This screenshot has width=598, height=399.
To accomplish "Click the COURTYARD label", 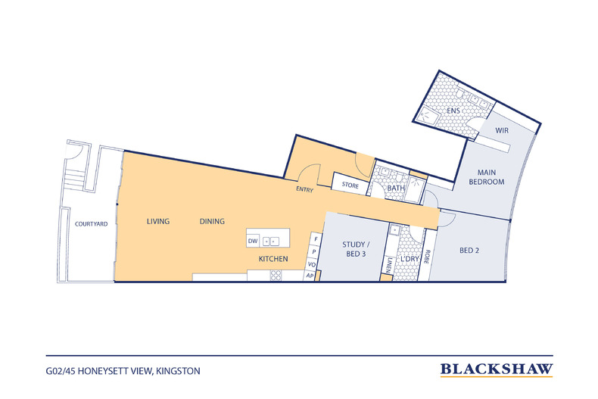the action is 91,224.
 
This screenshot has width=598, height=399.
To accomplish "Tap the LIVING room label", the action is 158,221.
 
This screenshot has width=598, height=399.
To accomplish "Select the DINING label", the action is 212,221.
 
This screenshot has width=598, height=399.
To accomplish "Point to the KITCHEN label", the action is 273,259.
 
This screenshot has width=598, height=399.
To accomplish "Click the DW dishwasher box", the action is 253,241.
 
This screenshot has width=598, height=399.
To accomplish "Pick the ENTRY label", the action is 305,189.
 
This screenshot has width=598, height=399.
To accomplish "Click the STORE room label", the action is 350,185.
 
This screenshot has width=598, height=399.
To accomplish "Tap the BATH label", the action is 396,188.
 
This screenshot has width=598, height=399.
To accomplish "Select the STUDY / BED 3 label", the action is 356,249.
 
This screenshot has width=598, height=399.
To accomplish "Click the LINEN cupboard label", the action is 388,265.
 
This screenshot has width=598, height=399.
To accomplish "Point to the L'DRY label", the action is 410,259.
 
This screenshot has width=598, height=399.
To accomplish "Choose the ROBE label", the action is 427,257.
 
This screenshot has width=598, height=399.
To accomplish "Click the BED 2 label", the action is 469,251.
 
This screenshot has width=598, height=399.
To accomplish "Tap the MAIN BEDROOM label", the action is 487,177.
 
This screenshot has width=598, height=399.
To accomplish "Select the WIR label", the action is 502,130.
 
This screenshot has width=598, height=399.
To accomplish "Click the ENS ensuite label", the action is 453,111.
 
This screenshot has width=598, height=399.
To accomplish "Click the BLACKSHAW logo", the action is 497,369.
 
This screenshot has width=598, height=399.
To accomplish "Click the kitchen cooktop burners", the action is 276,276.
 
